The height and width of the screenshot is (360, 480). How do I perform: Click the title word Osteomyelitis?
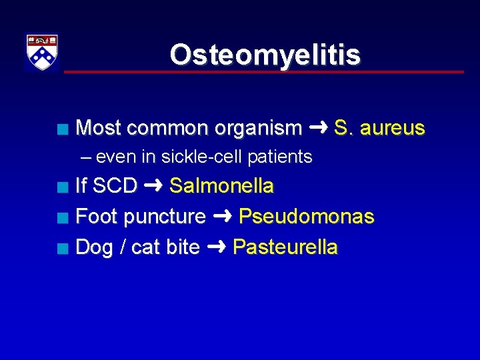(265, 55)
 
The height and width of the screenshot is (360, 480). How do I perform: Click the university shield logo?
(42, 52)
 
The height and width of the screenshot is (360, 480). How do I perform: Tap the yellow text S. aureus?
(379, 128)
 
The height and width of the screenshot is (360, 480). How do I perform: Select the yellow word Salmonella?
(221, 186)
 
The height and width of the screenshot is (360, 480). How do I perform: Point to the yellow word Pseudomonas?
(306, 217)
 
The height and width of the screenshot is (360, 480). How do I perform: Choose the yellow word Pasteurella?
(285, 247)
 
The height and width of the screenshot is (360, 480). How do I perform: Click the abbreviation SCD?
(115, 186)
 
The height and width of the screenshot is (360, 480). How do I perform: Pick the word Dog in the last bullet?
(93, 247)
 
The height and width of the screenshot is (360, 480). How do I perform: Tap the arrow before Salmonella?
(153, 185)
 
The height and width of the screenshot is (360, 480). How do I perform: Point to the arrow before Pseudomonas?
(222, 216)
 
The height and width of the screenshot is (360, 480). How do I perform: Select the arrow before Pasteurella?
(216, 247)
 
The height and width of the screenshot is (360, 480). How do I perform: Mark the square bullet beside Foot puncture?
(62, 217)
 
